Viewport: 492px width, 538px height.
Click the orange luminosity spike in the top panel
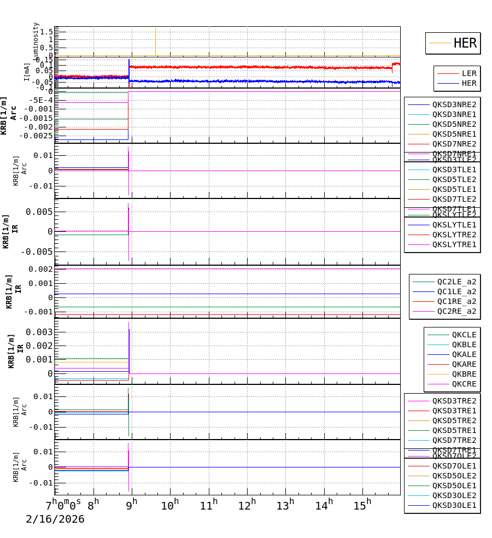155,41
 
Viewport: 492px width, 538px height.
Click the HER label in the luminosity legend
465,43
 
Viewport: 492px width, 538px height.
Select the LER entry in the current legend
469,73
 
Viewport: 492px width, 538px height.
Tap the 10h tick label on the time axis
170,502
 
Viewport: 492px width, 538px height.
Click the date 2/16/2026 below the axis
55,519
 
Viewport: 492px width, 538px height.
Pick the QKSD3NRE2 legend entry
454,104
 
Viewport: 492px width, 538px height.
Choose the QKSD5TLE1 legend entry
454,189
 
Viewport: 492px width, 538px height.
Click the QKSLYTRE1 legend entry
454,244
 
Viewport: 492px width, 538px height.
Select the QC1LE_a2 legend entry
456,291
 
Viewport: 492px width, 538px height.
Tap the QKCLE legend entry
464,335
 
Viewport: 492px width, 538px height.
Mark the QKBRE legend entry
464,374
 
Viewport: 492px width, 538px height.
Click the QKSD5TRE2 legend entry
454,420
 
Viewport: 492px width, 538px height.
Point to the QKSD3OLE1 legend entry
454,505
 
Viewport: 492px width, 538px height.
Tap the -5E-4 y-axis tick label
40,100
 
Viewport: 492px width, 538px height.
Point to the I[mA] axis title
27,72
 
